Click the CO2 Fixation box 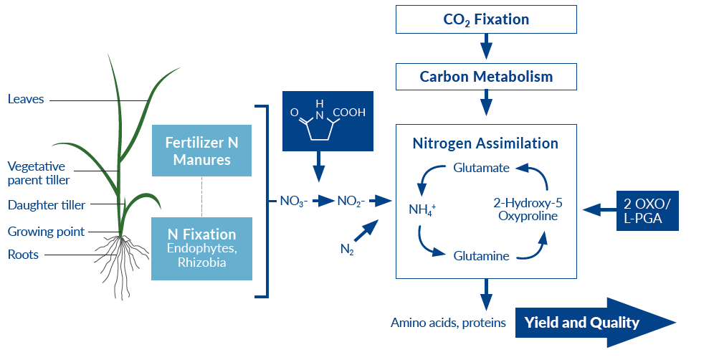(x=485, y=19)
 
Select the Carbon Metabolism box (x=485, y=77)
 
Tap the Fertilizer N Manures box (x=201, y=151)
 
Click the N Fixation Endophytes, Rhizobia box (x=201, y=248)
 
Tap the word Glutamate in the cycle (x=481, y=168)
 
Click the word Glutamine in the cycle (x=481, y=255)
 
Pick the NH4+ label (x=422, y=211)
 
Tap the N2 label (x=346, y=250)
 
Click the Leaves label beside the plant (x=26, y=99)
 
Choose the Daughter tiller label (x=46, y=205)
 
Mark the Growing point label (x=46, y=232)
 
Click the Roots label (x=22, y=254)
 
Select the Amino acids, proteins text (x=448, y=323)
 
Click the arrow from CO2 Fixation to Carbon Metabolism (x=485, y=47)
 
